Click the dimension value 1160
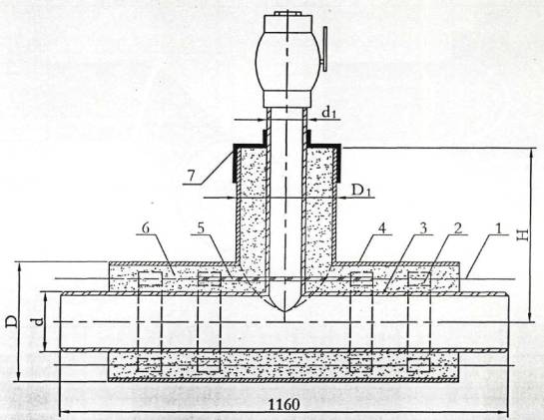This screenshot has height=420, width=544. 284,404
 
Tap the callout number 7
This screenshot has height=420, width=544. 191,176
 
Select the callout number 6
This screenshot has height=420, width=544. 146,228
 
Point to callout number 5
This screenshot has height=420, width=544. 201,228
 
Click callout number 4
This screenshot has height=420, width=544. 382,228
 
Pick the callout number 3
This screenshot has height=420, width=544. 423,228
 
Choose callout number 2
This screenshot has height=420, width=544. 458,228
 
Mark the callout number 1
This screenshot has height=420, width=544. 498,228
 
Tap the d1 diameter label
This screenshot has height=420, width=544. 329,112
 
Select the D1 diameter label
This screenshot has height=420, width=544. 361,191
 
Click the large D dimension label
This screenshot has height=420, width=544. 11,321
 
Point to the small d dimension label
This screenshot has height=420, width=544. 39,321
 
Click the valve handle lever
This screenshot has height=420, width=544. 324,49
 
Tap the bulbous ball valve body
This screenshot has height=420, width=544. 285,62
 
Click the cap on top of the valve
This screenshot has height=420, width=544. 286,14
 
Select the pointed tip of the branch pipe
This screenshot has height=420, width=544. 284,311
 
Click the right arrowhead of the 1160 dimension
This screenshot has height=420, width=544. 504,412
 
